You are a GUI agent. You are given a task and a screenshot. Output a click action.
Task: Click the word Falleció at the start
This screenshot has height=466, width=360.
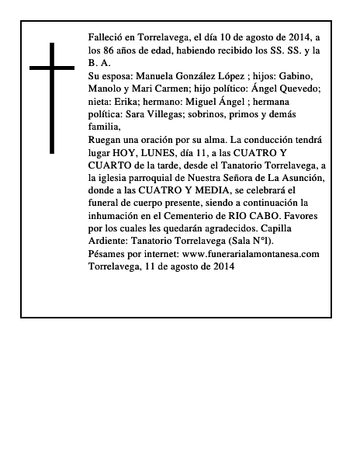[x=107, y=37]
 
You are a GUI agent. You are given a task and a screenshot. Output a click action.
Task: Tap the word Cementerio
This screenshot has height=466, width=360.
[x=212, y=216]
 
